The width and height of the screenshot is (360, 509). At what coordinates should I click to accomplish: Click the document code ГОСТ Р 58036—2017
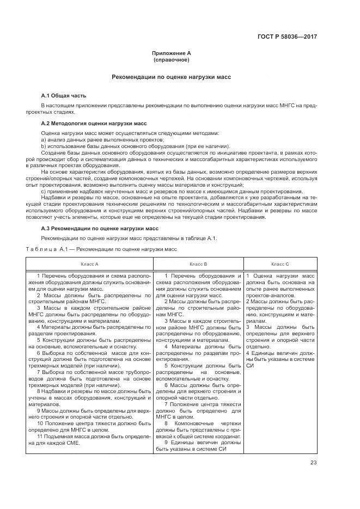pos(287,37)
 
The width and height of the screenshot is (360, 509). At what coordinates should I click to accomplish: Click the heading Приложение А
pos(172,53)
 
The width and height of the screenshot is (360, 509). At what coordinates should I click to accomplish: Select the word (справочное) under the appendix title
pos(172,59)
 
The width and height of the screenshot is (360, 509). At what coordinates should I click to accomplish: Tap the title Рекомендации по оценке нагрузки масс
pos(172,77)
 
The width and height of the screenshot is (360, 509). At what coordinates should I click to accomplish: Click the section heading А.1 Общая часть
pos(64,95)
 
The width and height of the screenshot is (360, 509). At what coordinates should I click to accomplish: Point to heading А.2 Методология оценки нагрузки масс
pos(94,124)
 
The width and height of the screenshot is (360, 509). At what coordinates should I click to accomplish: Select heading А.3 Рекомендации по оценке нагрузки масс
pos(100,229)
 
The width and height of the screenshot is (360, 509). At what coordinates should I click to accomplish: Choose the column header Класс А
pos(89,263)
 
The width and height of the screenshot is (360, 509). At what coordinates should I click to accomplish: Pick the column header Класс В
pos(197,263)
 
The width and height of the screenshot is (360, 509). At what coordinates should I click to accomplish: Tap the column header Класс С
pos(280,263)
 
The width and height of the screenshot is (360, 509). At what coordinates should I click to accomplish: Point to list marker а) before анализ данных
pos(43,140)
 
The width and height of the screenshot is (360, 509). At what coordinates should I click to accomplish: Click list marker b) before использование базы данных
pos(43,146)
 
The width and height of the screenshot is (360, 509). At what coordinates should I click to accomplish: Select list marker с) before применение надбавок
pos(43,192)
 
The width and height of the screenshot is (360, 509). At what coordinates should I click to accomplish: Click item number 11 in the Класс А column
pos(39,437)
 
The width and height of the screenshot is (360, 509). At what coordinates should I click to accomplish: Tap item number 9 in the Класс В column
pos(166,443)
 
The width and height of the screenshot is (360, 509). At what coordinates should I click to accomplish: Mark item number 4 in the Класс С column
pos(247,353)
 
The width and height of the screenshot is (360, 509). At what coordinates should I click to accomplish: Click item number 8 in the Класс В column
pos(166,423)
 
